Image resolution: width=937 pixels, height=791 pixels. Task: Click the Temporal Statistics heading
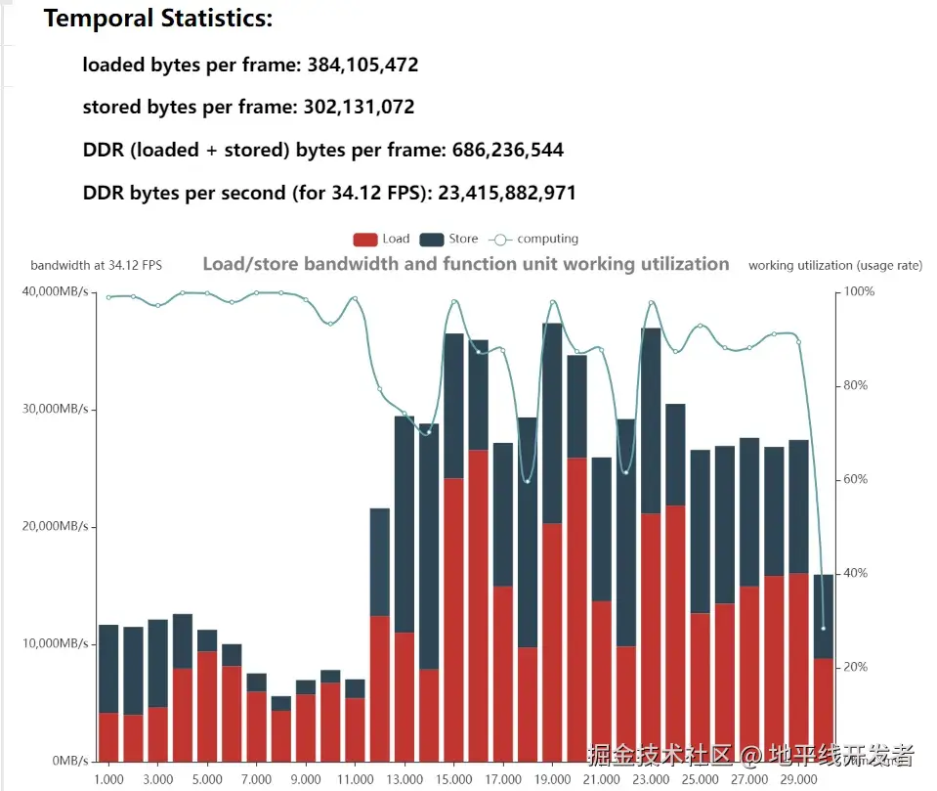click(158, 19)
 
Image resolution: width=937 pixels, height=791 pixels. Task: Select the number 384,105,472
click(362, 66)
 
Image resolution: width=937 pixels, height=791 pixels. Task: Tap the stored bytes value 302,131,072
click(356, 108)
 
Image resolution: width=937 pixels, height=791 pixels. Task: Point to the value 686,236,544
click(507, 151)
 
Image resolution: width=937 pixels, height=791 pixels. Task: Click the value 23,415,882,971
click(507, 194)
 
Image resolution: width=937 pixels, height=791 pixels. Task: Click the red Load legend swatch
click(364, 240)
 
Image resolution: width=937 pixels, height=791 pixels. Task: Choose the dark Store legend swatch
click(431, 240)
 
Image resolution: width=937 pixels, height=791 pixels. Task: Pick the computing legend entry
click(534, 240)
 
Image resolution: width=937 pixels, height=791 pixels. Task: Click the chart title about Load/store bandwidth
click(466, 264)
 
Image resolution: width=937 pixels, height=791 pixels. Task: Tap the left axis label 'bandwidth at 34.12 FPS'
click(97, 265)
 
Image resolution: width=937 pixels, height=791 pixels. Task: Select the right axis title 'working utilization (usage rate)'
click(834, 265)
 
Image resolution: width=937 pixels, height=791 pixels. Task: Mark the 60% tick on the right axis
click(856, 479)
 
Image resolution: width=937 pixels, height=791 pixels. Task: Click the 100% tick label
click(859, 292)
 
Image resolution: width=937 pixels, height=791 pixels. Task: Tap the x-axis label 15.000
click(453, 779)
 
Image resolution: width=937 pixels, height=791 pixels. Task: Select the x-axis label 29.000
click(798, 779)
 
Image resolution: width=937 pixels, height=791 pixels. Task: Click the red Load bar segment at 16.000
click(478, 606)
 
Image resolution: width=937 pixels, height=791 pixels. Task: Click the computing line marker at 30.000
click(824, 628)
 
